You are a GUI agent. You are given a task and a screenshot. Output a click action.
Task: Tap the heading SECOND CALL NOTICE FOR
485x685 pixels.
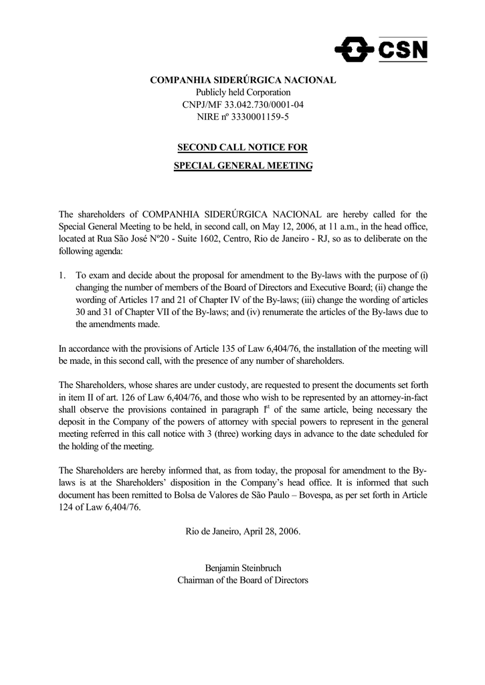(243, 147)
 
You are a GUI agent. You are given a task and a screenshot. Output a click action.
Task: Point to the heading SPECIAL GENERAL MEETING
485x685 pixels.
(243, 165)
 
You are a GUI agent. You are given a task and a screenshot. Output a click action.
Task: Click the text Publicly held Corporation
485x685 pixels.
(243, 92)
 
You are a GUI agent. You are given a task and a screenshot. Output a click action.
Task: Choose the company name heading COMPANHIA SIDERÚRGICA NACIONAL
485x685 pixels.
(243, 80)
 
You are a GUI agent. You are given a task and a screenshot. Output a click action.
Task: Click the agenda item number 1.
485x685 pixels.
(62, 275)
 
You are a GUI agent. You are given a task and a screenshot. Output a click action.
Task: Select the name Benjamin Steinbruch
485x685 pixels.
(243, 568)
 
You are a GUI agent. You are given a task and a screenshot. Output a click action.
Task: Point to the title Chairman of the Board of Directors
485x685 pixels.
(243, 580)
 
